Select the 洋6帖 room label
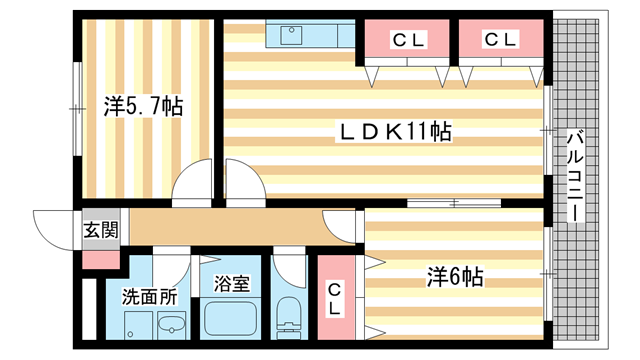[x=456, y=276]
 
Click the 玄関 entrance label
[x=100, y=229]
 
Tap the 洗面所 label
[x=149, y=297]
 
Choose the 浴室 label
[x=231, y=284]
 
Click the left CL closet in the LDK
[x=407, y=41]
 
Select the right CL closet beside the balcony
[x=500, y=41]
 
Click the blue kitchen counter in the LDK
[x=310, y=36]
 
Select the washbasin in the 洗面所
[x=173, y=325]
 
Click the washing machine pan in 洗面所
[x=137, y=326]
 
